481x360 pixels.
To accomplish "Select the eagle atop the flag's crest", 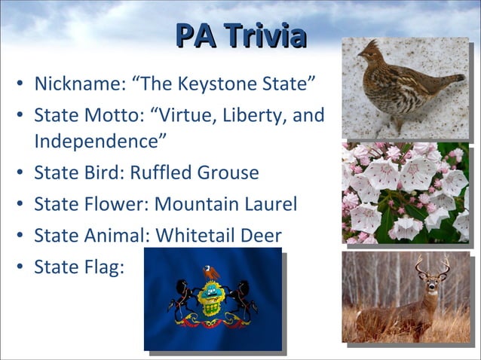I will click(x=211, y=273).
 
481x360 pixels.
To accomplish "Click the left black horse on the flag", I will click(x=183, y=297).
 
